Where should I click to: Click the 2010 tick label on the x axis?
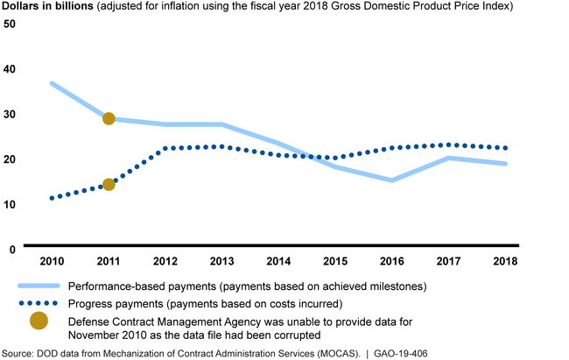click(52, 261)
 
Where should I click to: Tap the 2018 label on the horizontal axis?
click(505, 261)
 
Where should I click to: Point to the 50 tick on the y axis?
click(10, 23)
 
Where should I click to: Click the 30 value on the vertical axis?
click(10, 114)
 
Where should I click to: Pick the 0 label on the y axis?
click(12, 250)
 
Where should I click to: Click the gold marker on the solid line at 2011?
click(109, 118)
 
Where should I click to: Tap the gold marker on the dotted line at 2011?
click(109, 184)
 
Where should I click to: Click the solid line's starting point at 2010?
click(53, 83)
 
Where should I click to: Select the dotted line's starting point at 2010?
click(53, 198)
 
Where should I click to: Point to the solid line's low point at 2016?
click(391, 180)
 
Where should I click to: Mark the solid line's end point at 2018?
click(505, 164)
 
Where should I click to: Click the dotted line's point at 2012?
click(166, 148)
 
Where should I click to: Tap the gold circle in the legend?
click(39, 321)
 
